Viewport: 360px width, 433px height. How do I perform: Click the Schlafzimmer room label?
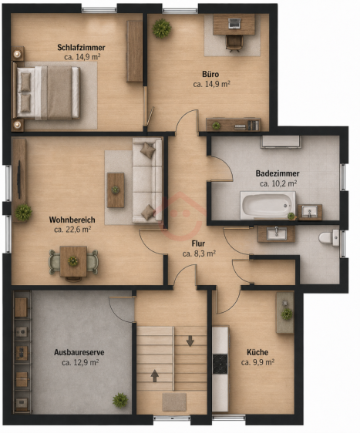pyautogui.click(x=81, y=48)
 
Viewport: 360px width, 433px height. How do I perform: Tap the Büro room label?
pyautogui.click(x=210, y=74)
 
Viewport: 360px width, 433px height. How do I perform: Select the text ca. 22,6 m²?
pyautogui.click(x=72, y=230)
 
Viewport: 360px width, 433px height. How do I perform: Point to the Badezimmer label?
pyautogui.click(x=278, y=173)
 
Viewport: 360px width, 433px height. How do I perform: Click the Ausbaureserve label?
pyautogui.click(x=79, y=352)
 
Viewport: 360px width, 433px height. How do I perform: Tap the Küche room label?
pyautogui.click(x=257, y=352)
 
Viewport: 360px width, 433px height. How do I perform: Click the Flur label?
pyautogui.click(x=198, y=243)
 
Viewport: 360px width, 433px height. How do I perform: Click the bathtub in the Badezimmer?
pyautogui.click(x=267, y=205)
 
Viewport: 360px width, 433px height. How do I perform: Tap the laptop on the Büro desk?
pyautogui.click(x=234, y=23)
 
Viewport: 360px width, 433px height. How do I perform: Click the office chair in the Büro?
pyautogui.click(x=234, y=43)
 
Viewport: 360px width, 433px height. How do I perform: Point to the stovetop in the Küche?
pyautogui.click(x=220, y=364)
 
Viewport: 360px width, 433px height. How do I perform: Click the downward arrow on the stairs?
pyautogui.click(x=190, y=341)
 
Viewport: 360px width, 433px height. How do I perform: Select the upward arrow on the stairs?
pyautogui.click(x=155, y=376)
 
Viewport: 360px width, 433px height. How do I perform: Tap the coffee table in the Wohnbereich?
pyautogui.click(x=116, y=190)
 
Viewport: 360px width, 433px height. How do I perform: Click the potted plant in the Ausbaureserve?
pyautogui.click(x=120, y=400)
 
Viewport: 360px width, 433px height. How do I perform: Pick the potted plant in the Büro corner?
pyautogui.click(x=162, y=29)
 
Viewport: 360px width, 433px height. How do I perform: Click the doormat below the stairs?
pyautogui.click(x=174, y=401)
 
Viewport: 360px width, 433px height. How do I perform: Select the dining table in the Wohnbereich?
pyautogui.click(x=73, y=261)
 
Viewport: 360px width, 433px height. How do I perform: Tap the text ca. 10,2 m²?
pyautogui.click(x=278, y=183)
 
